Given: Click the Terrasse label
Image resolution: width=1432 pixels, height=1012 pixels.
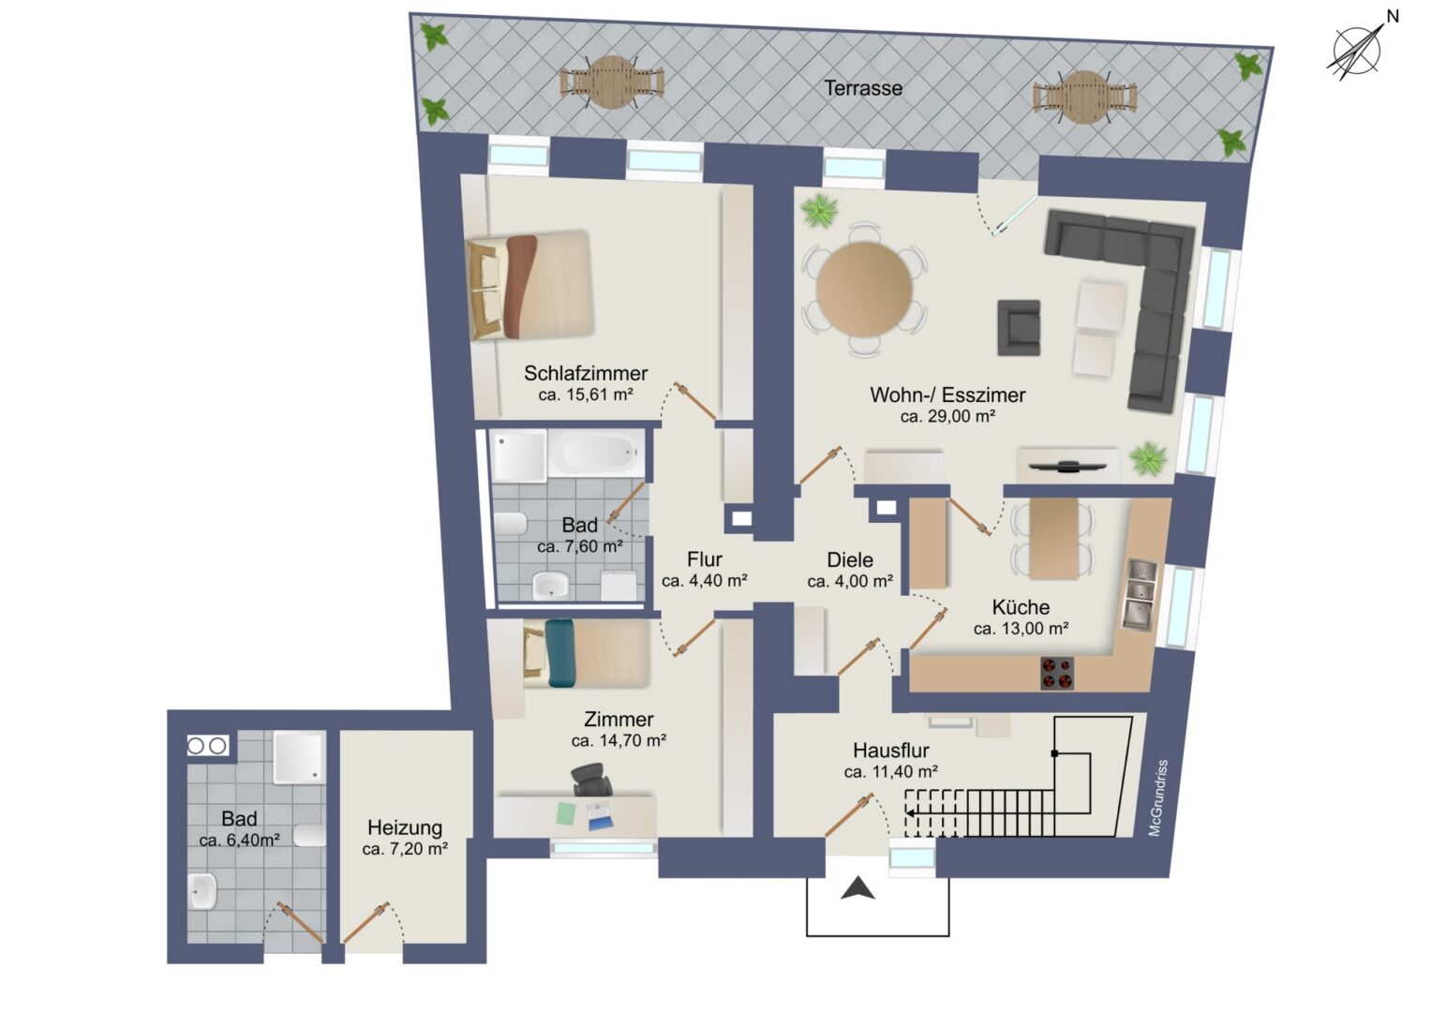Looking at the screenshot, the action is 862,88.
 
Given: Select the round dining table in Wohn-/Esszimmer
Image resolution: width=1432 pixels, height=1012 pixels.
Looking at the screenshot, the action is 864,288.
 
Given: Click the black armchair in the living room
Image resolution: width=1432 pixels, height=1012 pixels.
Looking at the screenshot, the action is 1019,327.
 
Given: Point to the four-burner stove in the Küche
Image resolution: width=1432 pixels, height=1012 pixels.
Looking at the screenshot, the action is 1057,673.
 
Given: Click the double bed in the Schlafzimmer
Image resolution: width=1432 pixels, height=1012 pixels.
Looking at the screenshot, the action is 530,285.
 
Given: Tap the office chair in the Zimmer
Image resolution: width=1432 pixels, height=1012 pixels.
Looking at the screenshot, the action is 591,781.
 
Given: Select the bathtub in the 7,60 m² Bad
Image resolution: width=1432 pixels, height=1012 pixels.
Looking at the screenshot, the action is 596,454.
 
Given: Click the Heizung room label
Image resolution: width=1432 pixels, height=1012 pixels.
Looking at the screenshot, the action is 405,827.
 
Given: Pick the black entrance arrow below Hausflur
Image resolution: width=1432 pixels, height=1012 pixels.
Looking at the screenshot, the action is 858,889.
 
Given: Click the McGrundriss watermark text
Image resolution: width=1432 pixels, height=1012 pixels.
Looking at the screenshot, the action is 1157,797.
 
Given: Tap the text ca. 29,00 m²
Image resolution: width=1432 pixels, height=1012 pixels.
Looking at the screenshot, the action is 947,416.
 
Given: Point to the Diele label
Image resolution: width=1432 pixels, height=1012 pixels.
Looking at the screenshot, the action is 850,559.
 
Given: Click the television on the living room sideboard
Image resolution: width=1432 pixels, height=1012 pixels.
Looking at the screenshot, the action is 1067,466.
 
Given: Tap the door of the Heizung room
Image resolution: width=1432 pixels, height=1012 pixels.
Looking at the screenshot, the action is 366,922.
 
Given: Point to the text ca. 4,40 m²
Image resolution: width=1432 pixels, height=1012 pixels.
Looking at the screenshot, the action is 705,580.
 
